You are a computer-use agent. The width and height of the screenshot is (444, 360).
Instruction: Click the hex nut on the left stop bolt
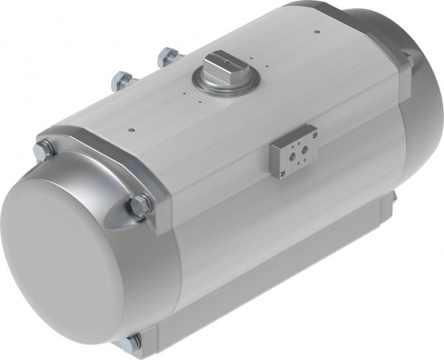click(120, 81)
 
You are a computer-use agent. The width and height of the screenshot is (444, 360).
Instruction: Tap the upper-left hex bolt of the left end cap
click(43, 150)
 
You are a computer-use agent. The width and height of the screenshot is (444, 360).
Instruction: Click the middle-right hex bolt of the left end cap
click(140, 206)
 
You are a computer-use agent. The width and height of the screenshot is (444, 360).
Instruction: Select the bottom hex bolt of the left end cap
click(134, 342)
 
